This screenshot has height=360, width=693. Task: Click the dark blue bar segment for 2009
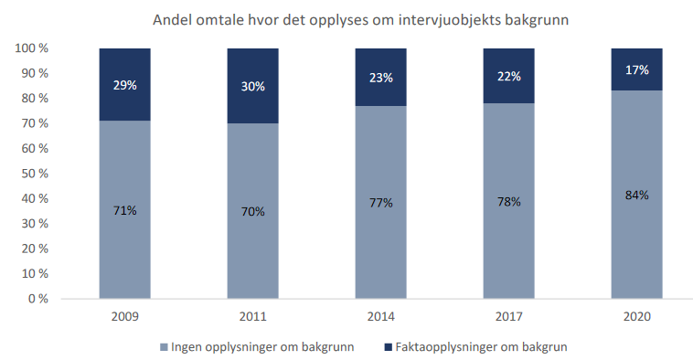(x=124, y=84)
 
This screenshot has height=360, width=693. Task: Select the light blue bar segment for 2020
(x=637, y=195)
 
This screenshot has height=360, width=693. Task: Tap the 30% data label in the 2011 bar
(x=253, y=86)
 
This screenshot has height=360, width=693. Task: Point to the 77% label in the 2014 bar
(x=381, y=203)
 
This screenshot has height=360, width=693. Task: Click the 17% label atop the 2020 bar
(x=637, y=69)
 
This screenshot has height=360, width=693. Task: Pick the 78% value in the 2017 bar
(x=508, y=201)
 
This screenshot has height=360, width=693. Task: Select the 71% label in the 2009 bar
(x=124, y=210)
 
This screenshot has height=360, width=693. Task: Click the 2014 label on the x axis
(x=381, y=316)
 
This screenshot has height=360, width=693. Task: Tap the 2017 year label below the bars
(x=508, y=316)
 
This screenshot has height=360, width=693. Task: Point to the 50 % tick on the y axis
(x=35, y=174)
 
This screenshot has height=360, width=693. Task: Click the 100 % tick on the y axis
(x=31, y=48)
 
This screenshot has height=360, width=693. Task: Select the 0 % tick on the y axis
(x=38, y=299)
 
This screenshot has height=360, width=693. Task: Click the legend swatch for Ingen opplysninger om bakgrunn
(x=164, y=347)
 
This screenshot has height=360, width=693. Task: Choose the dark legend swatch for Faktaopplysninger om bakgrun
(x=389, y=347)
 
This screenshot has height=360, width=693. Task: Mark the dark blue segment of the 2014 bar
(x=381, y=78)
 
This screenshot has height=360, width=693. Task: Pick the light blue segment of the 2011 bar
(x=253, y=211)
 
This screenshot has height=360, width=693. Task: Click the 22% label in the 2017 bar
(x=508, y=77)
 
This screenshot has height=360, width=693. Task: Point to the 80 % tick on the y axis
(x=35, y=98)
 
